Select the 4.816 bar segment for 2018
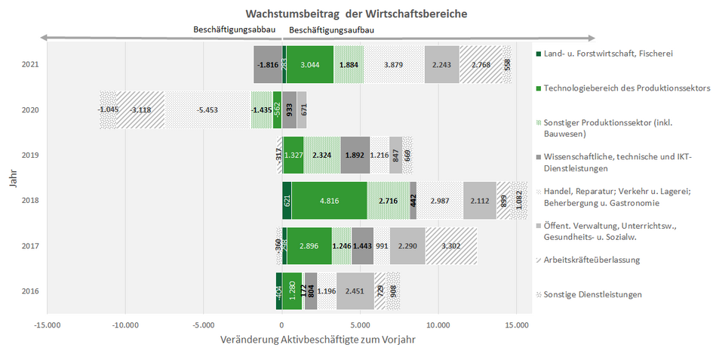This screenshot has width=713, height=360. click(x=329, y=201)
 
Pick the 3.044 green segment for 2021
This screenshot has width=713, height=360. click(x=309, y=65)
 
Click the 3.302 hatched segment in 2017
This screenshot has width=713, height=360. click(x=450, y=246)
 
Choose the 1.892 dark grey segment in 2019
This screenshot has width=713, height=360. click(x=355, y=155)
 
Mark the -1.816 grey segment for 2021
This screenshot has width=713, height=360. click(x=268, y=65)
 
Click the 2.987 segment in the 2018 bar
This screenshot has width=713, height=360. click(x=439, y=201)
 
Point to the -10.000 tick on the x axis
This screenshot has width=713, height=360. click(x=125, y=325)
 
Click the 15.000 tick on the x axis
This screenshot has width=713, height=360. click(x=516, y=325)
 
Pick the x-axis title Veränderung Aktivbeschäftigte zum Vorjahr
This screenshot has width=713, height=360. click(x=318, y=340)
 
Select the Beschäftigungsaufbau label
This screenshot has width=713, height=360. click(x=331, y=30)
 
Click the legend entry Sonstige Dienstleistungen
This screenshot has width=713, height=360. click(x=592, y=294)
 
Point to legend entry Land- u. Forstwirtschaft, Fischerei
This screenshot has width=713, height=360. click(x=607, y=54)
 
